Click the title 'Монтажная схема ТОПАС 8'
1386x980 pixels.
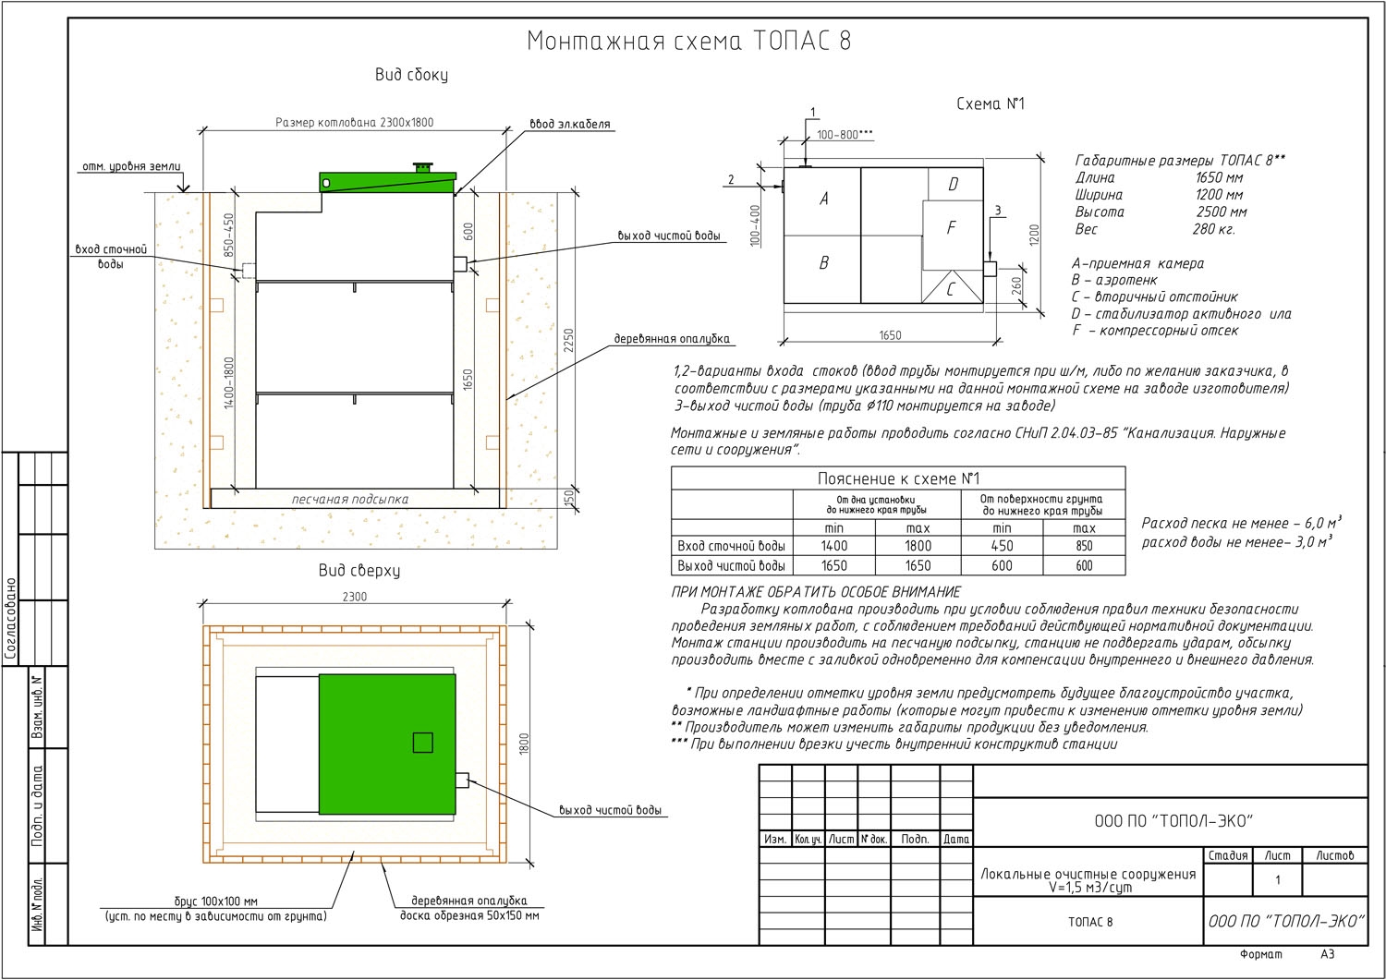[x=688, y=41]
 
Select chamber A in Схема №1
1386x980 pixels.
[x=822, y=201]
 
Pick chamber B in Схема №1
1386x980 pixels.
[x=822, y=269]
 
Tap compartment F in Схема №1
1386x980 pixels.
[x=952, y=235]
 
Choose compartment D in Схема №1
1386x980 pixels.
[x=954, y=184]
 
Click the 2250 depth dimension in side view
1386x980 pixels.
[x=569, y=341]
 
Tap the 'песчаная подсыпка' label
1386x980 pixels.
[x=349, y=500]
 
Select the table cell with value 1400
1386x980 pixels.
[x=834, y=546]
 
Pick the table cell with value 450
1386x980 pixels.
[x=1002, y=546]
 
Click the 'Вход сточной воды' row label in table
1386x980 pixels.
[x=732, y=546]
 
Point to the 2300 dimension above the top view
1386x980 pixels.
[x=355, y=597]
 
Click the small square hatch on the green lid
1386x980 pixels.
[x=422, y=743]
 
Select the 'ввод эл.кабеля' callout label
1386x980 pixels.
[x=569, y=125]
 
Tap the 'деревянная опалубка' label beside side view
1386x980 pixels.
[x=672, y=339]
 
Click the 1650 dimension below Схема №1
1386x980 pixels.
[x=891, y=335]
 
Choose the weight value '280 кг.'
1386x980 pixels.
[x=1213, y=230]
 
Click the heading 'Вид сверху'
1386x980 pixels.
[x=359, y=571]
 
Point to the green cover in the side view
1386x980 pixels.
[x=388, y=183]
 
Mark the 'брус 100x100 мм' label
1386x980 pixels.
[x=216, y=901]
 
